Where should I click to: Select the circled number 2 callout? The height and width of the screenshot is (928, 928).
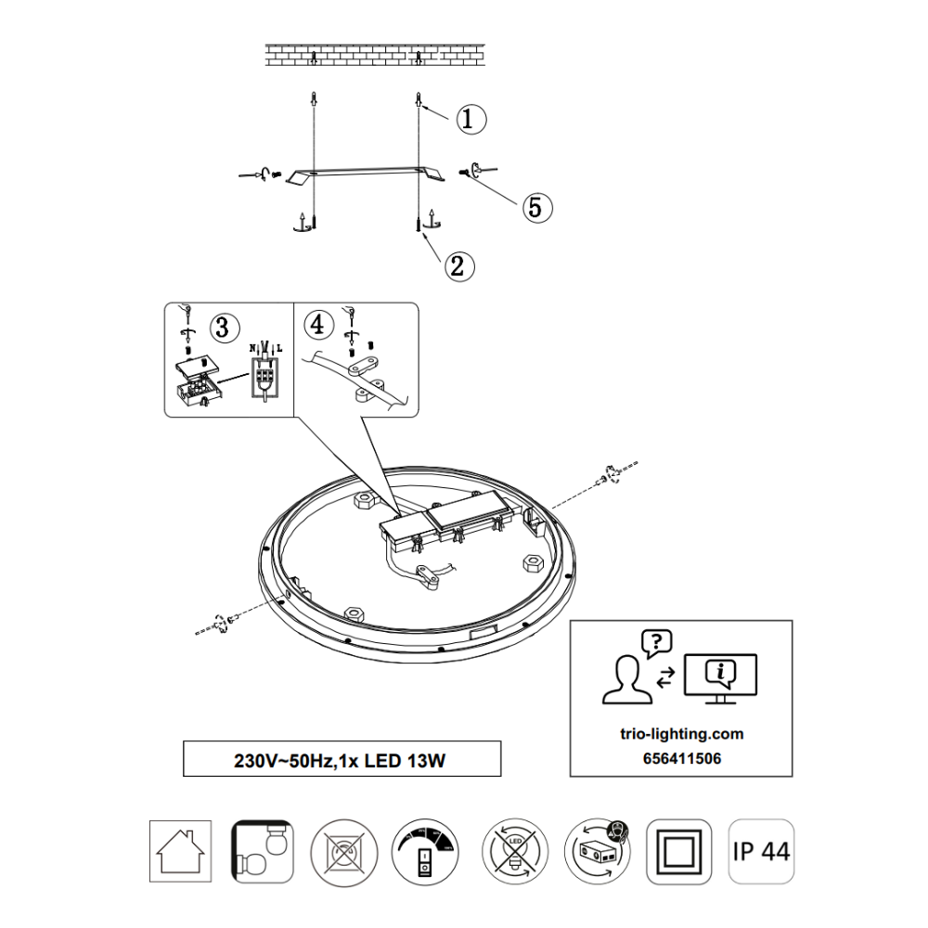[456, 266]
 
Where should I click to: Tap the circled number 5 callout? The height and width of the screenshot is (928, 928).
[535, 207]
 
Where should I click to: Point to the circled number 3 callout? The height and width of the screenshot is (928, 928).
[222, 327]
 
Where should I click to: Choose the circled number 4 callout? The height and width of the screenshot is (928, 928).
[318, 325]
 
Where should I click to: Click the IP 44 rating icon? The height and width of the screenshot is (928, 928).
[761, 850]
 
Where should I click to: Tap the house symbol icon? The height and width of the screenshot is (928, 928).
[180, 850]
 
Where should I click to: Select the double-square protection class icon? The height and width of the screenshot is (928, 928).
[678, 850]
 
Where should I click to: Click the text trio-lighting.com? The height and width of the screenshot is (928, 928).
[680, 733]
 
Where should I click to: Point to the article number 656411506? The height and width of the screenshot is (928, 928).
[680, 758]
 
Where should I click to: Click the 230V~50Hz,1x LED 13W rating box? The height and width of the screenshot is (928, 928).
[342, 759]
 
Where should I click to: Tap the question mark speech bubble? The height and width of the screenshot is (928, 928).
[656, 641]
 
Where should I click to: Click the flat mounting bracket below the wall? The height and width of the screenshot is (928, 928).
[367, 174]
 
